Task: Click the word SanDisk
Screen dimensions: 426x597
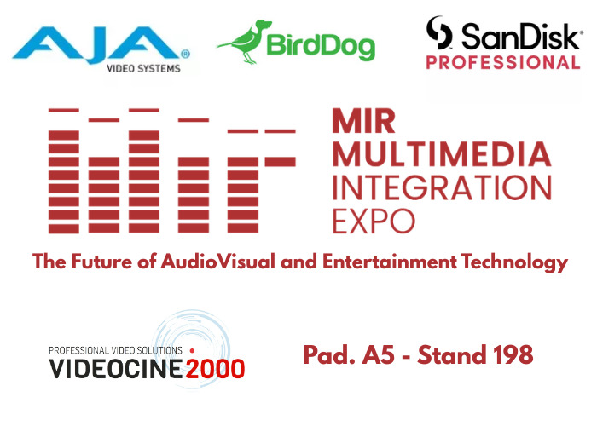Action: [519, 36]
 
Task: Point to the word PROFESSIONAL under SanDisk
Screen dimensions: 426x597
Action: [503, 63]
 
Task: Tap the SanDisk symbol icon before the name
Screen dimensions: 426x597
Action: [439, 34]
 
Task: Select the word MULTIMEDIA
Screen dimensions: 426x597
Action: [441, 153]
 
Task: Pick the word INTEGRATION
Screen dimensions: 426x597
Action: [441, 187]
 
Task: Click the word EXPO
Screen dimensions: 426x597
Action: [374, 220]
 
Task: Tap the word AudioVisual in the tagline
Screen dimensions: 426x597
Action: [221, 262]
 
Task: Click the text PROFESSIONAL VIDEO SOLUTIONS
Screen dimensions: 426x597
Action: [116, 350]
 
